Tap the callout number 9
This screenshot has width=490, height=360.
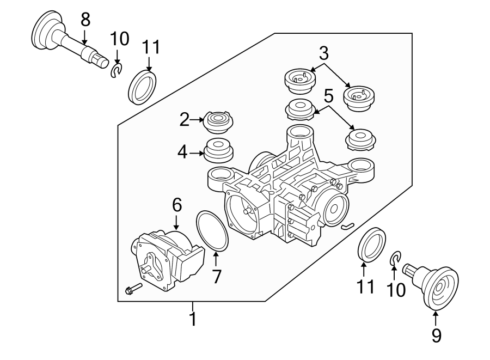[x=436, y=335]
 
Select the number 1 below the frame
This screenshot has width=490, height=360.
[x=192, y=319]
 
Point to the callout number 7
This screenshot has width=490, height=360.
[x=217, y=277]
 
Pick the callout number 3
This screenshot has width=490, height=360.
[x=324, y=53]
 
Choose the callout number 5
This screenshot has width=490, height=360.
[x=328, y=96]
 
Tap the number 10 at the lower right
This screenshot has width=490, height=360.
[x=396, y=290]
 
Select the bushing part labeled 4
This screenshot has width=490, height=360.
[x=218, y=151]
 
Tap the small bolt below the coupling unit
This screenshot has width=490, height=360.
[x=132, y=288]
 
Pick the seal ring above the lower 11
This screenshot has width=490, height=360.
[x=371, y=245]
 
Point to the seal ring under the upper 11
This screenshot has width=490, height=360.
[x=144, y=86]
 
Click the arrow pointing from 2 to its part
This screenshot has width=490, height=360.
[x=196, y=120]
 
